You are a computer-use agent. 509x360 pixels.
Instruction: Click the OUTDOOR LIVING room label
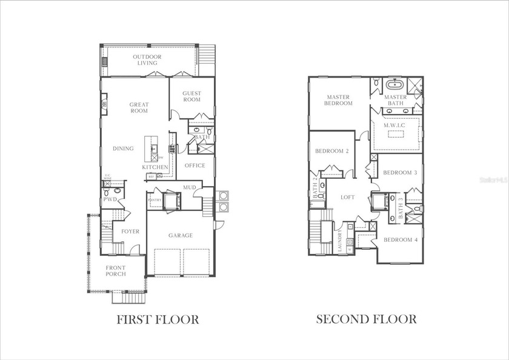tap(147, 60)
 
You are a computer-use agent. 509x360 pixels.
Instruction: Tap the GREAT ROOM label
tap(139, 108)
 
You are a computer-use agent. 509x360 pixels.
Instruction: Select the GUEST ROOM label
tap(192, 96)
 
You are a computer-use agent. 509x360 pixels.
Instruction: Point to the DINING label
tap(123, 148)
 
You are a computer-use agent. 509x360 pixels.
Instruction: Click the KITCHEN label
tap(155, 167)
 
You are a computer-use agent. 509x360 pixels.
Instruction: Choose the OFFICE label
tap(195, 165)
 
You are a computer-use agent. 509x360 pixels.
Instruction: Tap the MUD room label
tap(190, 188)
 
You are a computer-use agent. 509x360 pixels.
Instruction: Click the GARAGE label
tap(181, 235)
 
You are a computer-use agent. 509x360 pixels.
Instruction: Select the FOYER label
tap(130, 232)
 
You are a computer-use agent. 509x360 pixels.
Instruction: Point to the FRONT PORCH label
tap(116, 271)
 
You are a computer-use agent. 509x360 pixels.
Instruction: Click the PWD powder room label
tap(110, 199)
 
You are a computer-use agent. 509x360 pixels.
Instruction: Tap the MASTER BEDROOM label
tap(339, 100)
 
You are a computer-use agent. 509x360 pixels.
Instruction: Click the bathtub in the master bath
tap(394, 84)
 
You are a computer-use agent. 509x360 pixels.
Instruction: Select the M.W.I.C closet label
tap(395, 125)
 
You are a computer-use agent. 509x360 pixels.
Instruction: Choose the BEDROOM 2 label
tap(331, 152)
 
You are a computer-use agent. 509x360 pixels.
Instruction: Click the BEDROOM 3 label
tap(400, 172)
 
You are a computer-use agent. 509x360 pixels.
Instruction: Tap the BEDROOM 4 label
tap(400, 239)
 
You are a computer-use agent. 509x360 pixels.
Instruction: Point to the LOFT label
tap(347, 197)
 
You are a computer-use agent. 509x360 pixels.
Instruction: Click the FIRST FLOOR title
tap(158, 319)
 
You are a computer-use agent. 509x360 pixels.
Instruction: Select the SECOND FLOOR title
tap(366, 319)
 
